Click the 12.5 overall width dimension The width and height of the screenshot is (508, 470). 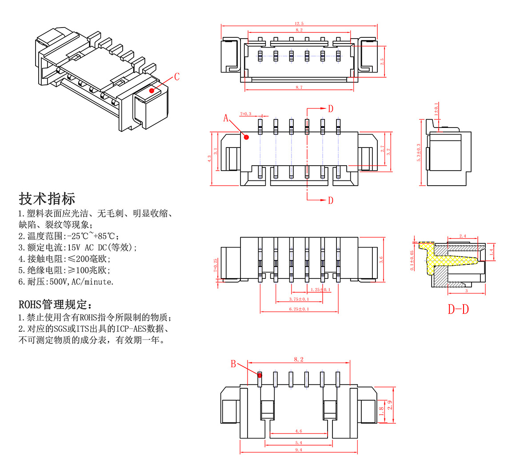[x=299, y=23]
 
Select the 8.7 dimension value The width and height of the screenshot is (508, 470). [x=299, y=88]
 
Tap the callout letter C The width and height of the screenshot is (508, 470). [x=177, y=77]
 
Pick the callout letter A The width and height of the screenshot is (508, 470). [x=226, y=118]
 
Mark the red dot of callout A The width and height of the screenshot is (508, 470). [x=247, y=137]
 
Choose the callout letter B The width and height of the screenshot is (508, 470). [x=233, y=364]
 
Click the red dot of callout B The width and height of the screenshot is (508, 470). [x=260, y=375]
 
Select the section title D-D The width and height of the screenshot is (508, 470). [x=458, y=309]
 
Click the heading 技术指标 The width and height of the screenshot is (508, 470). [x=47, y=198]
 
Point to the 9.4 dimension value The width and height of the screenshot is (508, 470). [x=299, y=450]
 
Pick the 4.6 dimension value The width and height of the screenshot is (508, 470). [x=299, y=431]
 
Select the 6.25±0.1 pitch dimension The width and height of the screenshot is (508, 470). [x=299, y=309]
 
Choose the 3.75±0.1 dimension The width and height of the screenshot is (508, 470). [x=299, y=299]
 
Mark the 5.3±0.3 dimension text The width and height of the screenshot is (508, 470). [x=418, y=152]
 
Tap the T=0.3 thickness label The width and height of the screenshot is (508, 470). [x=245, y=114]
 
